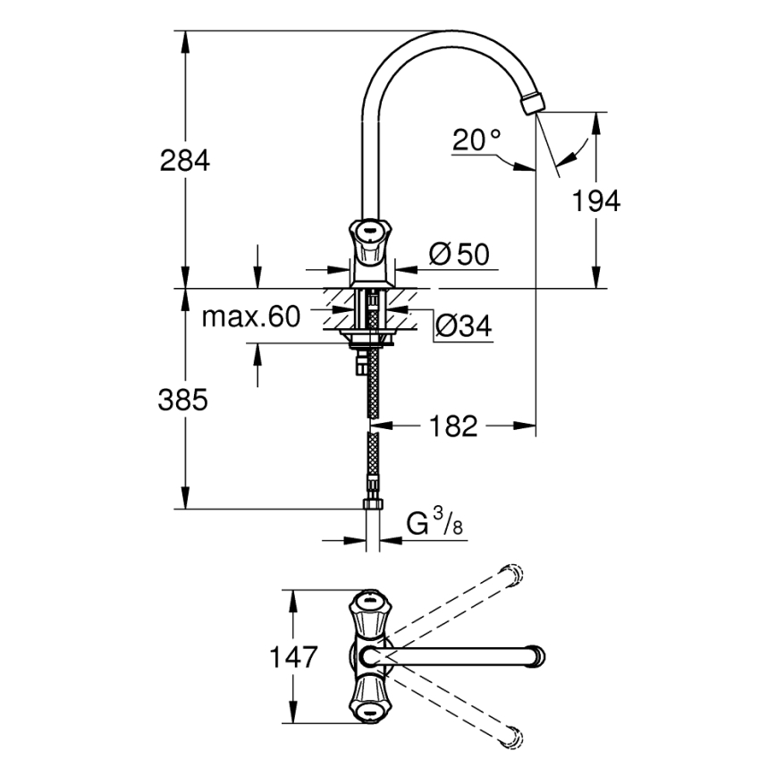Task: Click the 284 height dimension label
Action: pos(184,161)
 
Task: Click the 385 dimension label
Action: pos(184,400)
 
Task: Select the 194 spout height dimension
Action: pos(596,201)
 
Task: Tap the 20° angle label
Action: pos(477,139)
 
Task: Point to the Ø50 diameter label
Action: pos(459,255)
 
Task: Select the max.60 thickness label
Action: pos(251,316)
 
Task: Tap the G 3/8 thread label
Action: pos(434,522)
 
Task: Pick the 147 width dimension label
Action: pos(293,657)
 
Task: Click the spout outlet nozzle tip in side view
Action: pos(530,102)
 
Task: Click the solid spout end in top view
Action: pos(535,657)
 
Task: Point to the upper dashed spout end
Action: pos(513,575)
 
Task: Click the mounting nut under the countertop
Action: pos(367,337)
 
